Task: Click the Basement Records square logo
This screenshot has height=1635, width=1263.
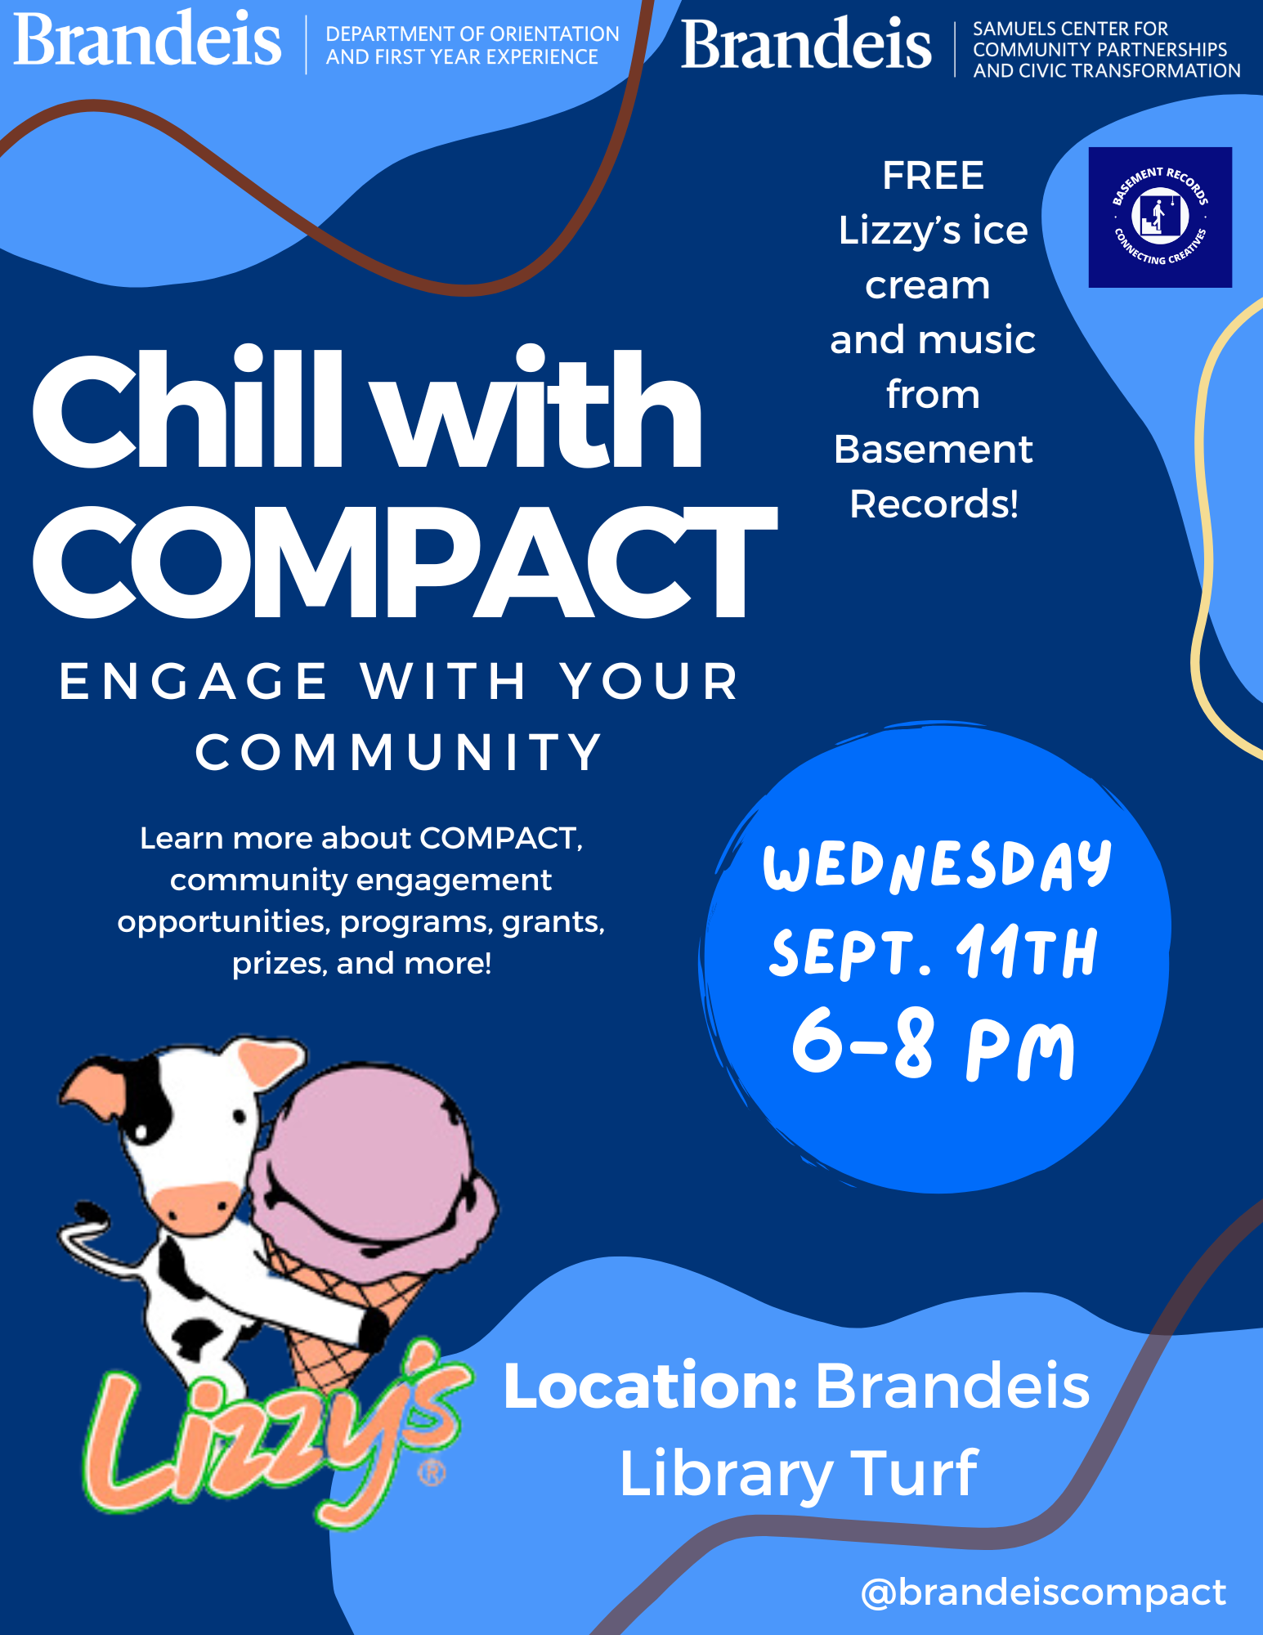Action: [x=1160, y=217]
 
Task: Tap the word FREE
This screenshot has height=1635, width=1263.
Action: [x=933, y=176]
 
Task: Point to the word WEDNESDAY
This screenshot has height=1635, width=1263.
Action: [x=938, y=866]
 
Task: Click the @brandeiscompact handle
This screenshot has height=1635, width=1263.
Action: [x=1044, y=1592]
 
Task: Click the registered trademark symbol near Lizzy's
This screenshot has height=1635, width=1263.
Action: [x=432, y=1473]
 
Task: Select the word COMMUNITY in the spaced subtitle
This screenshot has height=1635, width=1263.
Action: [x=399, y=752]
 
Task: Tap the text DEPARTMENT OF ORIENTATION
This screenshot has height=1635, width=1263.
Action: [x=473, y=34]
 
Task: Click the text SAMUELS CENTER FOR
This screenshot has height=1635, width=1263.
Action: [x=1070, y=29]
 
